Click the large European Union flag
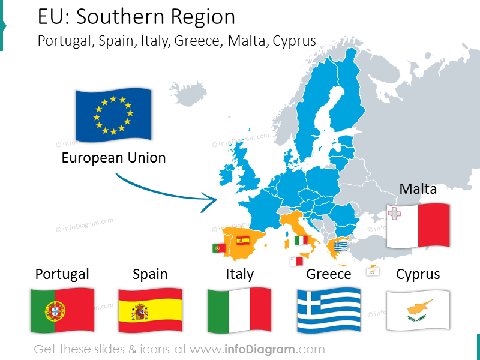point(113,115)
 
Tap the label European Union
point(113,158)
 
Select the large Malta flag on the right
point(418,225)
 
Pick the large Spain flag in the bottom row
point(150,310)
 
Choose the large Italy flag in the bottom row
point(239,310)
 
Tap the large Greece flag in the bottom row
point(329,310)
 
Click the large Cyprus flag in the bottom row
point(418,310)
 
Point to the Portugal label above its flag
point(62,274)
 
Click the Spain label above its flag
point(150,274)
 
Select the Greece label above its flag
point(329,274)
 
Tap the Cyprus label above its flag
point(418,274)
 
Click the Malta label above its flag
point(418,189)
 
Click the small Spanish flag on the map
point(243,241)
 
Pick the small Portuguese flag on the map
point(218,248)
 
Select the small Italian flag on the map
point(301,241)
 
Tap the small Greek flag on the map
point(341,246)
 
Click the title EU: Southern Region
point(136,17)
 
